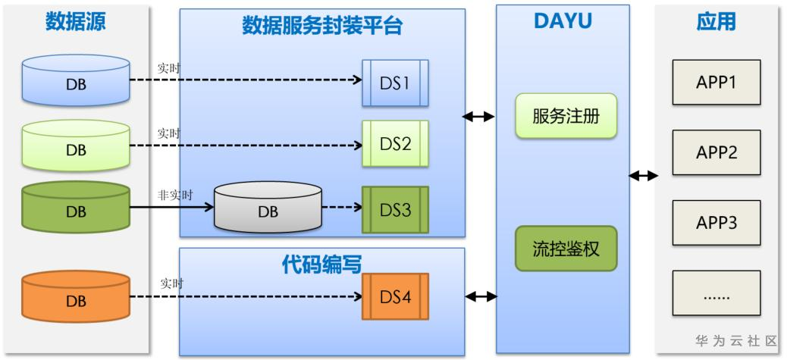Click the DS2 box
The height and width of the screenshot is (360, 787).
pyautogui.click(x=394, y=142)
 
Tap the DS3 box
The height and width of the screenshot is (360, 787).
pyautogui.click(x=394, y=208)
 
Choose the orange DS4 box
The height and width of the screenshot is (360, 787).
pyautogui.click(x=394, y=296)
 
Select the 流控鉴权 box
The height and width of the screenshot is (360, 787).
pyautogui.click(x=563, y=248)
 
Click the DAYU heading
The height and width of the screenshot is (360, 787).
pyautogui.click(x=562, y=23)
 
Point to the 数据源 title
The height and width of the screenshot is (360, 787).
pyautogui.click(x=76, y=23)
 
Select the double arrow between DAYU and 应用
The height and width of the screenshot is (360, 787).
pyautogui.click(x=644, y=177)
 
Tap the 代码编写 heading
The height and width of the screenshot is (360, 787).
pyautogui.click(x=322, y=263)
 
